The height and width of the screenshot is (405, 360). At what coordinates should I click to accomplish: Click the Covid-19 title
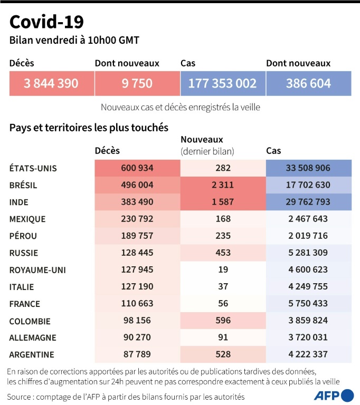click(46, 22)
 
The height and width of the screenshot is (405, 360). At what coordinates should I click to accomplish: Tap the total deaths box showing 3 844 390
click(51, 83)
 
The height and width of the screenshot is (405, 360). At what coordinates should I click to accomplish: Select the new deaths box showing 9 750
click(137, 83)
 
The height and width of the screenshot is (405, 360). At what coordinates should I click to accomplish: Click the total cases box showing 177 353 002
click(222, 83)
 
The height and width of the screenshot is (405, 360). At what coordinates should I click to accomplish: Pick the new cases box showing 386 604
click(308, 83)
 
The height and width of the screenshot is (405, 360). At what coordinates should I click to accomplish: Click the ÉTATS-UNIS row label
click(33, 169)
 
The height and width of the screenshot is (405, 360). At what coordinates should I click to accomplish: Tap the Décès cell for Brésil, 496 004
click(137, 186)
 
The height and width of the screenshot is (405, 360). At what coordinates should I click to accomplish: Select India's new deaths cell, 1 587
click(222, 202)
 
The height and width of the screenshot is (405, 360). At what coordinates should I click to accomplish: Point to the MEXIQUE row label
click(27, 219)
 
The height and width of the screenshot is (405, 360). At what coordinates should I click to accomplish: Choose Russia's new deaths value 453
click(222, 253)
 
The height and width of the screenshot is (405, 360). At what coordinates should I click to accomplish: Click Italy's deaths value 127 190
click(137, 287)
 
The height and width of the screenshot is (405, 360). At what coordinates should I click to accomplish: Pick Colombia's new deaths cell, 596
click(222, 321)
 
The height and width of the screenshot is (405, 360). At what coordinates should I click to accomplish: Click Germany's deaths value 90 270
click(137, 337)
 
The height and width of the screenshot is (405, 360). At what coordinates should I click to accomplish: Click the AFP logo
click(334, 396)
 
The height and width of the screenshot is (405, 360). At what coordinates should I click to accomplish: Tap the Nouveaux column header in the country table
click(202, 140)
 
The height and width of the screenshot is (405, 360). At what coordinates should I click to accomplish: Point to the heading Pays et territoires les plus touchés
click(89, 128)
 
